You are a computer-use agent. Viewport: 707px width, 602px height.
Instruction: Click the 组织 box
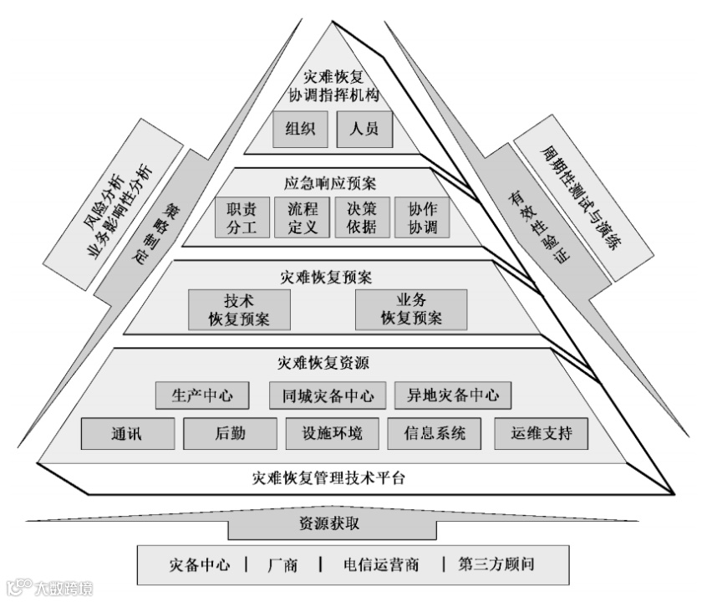300,129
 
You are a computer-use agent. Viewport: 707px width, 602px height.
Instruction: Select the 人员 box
364,129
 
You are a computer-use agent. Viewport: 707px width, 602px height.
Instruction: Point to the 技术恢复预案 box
240,310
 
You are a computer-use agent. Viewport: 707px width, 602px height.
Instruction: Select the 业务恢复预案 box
411,310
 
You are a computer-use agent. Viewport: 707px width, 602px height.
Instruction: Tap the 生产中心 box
202,395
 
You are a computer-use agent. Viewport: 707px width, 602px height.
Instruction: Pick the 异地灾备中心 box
452,395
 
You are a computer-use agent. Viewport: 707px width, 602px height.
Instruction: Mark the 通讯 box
128,434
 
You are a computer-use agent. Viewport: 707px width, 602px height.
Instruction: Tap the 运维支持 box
541,434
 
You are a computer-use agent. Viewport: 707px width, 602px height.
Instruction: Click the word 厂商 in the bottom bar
283,564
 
